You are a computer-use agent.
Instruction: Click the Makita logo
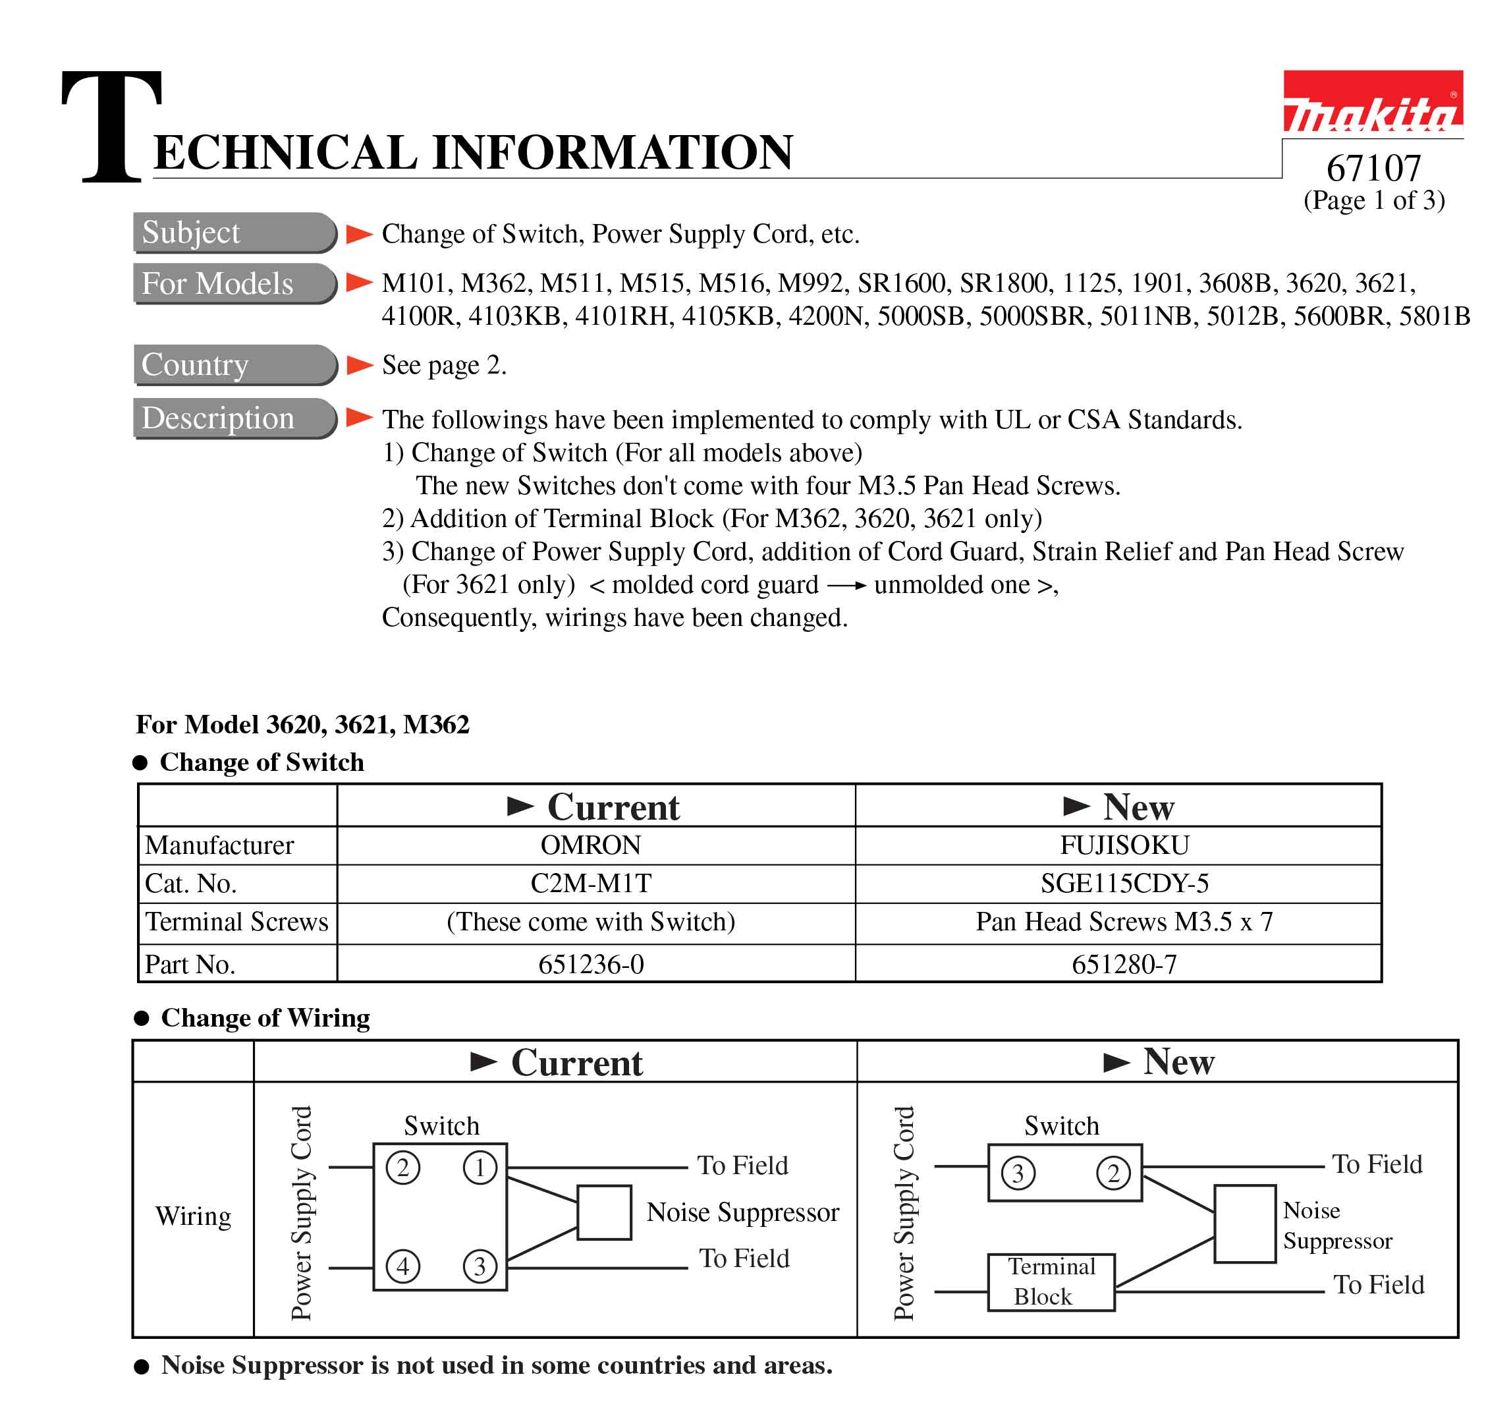pos(1372,103)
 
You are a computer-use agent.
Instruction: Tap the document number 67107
pos(1373,167)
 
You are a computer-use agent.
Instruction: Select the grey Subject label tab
pos(234,232)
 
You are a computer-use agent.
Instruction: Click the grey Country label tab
pos(234,365)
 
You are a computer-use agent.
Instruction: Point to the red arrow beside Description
pos(359,417)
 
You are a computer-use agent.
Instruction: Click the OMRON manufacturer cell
pos(590,845)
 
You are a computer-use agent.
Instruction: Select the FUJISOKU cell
pos(1124,845)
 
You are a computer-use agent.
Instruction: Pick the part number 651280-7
pos(1124,964)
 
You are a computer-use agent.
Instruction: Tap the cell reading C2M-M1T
pos(590,883)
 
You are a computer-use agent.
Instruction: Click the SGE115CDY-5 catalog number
pos(1124,883)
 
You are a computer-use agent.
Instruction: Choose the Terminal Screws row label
pos(236,922)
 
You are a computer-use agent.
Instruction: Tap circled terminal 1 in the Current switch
pos(480,1168)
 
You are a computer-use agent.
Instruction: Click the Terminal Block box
pos(1051,1282)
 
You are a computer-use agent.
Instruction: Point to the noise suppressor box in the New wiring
pos(1244,1224)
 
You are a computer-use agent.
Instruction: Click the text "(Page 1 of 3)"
pos(1374,200)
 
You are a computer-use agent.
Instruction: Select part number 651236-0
pos(590,964)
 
